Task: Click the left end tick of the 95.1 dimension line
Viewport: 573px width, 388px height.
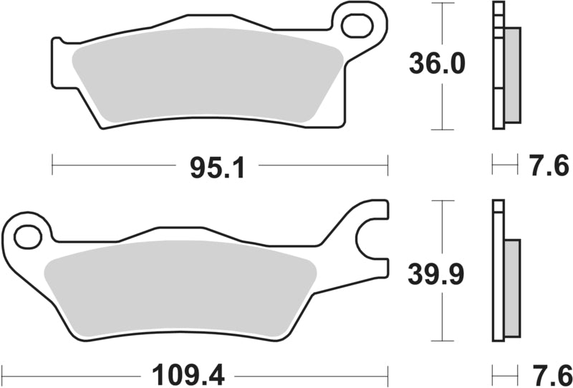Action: (x=52, y=164)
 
